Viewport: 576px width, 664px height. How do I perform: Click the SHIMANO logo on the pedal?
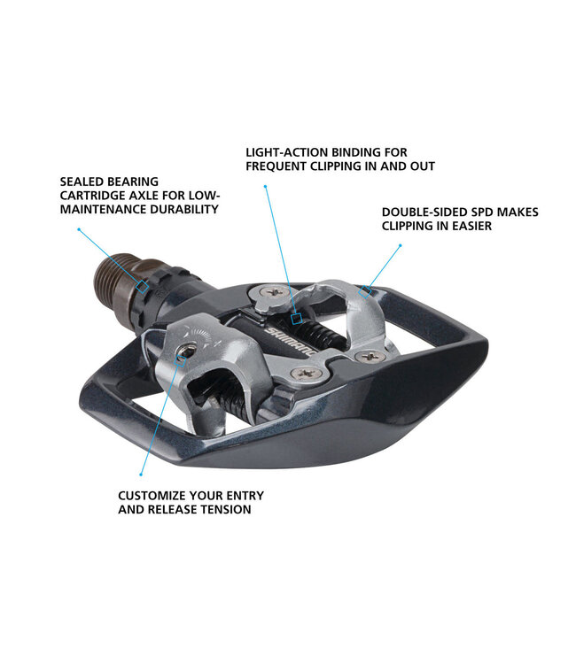pyautogui.click(x=302, y=342)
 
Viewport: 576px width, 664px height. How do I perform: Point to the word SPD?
pyautogui.click(x=482, y=212)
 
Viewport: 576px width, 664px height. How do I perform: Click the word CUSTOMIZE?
pyautogui.click(x=152, y=495)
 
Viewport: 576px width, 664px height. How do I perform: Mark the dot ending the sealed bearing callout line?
pyautogui.click(x=78, y=228)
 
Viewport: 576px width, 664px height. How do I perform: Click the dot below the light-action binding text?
pyautogui.click(x=266, y=186)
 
